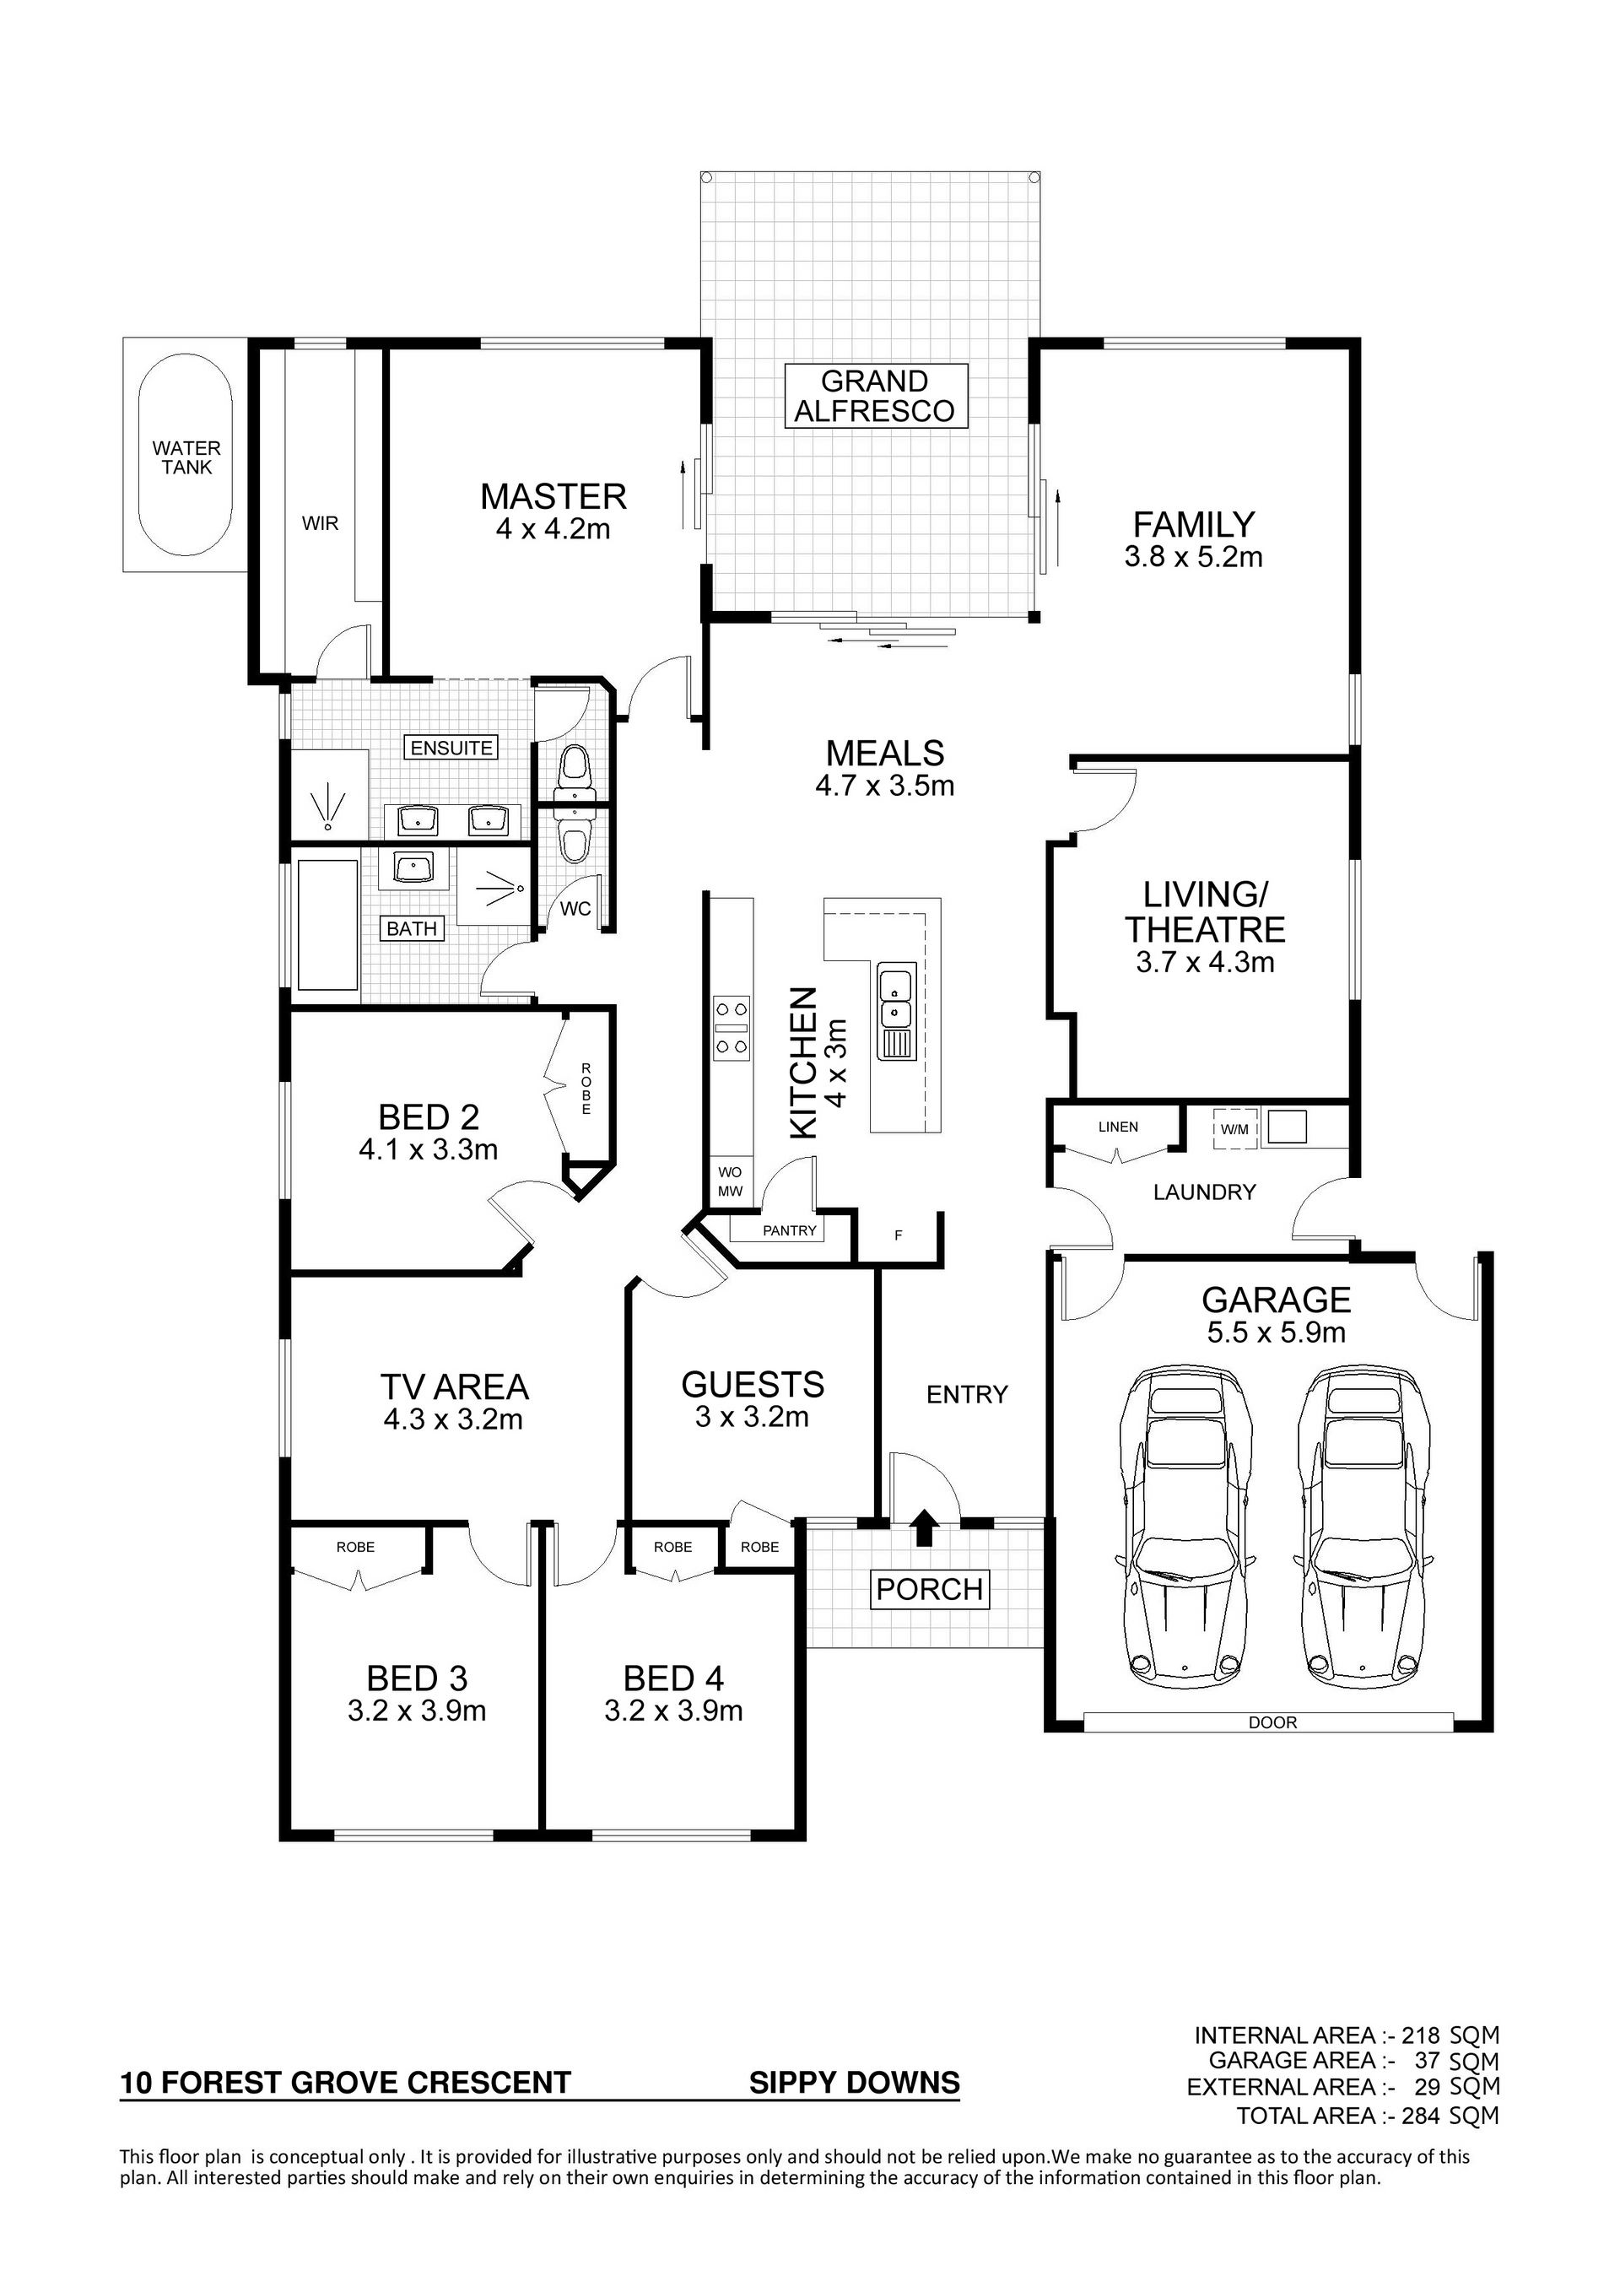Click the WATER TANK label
pyautogui.click(x=186, y=457)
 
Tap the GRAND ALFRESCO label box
pyautogui.click(x=875, y=397)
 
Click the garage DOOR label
pyautogui.click(x=1272, y=1722)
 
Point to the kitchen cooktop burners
pyautogui.click(x=732, y=1027)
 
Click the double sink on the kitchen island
pyautogui.click(x=895, y=1010)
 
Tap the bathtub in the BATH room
pyautogui.click(x=327, y=924)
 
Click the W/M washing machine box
pyautogui.click(x=1234, y=1129)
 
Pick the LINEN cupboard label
pyautogui.click(x=1118, y=1127)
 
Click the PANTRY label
pyautogui.click(x=790, y=1231)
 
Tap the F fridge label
pyautogui.click(x=899, y=1235)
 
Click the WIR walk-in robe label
pyautogui.click(x=321, y=523)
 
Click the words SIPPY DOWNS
pyautogui.click(x=855, y=2083)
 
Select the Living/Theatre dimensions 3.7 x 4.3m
pyautogui.click(x=1205, y=962)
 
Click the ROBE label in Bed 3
pyautogui.click(x=355, y=1548)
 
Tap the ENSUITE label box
pyautogui.click(x=451, y=748)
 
